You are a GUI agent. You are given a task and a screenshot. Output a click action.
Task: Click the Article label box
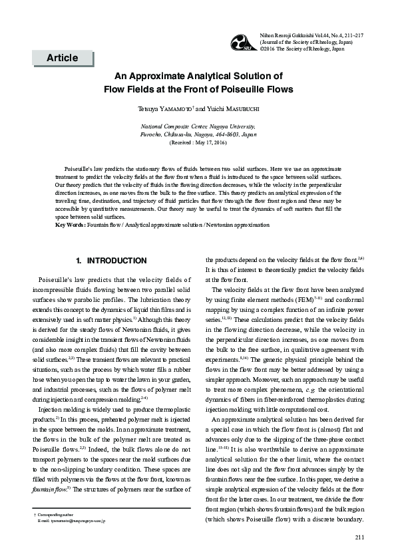pos(62,58)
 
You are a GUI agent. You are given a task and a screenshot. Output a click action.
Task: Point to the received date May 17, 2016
pos(205,142)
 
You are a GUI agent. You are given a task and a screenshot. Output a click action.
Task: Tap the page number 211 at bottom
pos(360,537)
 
